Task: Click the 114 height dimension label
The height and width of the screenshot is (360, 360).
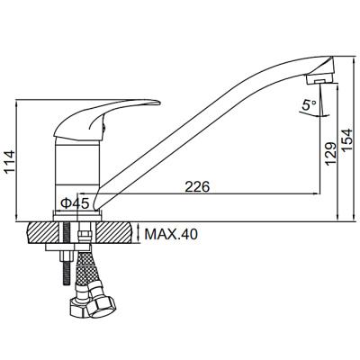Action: (9, 162)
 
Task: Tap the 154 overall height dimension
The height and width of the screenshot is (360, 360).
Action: (347, 140)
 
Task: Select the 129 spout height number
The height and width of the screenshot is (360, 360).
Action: (331, 154)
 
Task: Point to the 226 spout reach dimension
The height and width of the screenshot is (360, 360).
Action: (197, 187)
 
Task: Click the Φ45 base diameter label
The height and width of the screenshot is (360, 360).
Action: (75, 203)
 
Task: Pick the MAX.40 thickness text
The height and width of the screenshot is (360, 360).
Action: (171, 234)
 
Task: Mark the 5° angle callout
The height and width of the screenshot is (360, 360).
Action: (309, 105)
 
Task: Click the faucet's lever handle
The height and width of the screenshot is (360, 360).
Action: (105, 119)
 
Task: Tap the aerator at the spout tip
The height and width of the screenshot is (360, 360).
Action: (319, 78)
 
